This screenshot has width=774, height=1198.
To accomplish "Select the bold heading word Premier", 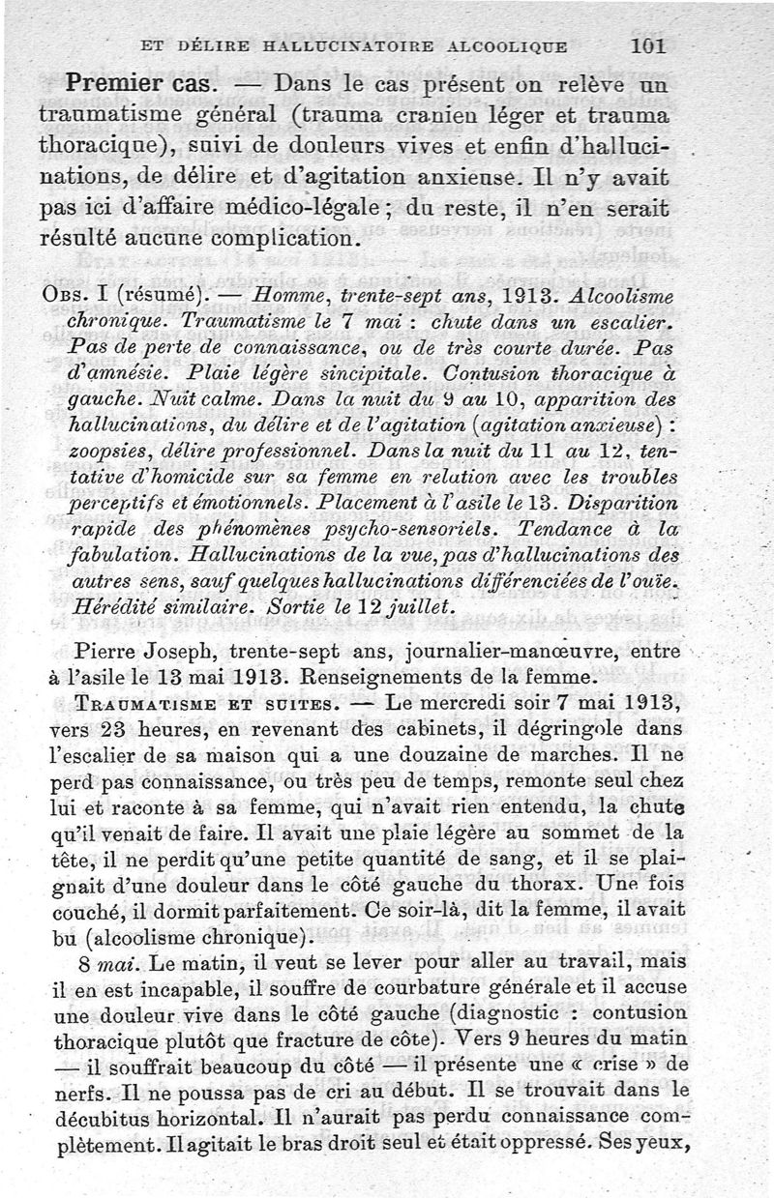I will pos(110,83).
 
